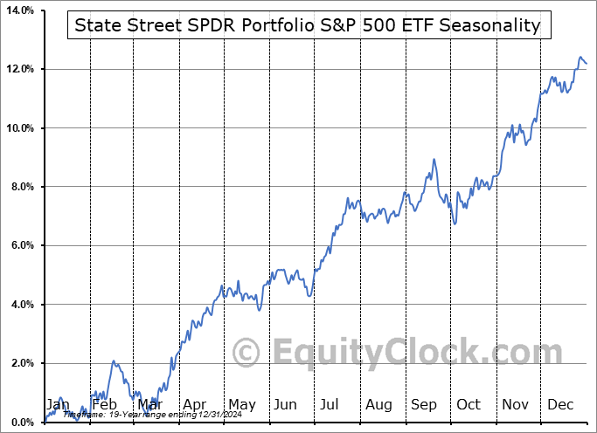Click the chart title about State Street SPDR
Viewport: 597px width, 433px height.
pyautogui.click(x=307, y=25)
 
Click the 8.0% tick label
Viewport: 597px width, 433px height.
pyautogui.click(x=21, y=187)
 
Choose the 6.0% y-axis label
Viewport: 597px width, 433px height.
pyautogui.click(x=21, y=246)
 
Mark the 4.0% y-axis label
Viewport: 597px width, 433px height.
pyautogui.click(x=21, y=305)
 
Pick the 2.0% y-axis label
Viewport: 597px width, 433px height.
pyautogui.click(x=21, y=364)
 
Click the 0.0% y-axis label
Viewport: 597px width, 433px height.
pyautogui.click(x=21, y=423)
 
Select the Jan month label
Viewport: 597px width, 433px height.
pyautogui.click(x=58, y=405)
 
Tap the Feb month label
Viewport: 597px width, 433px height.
pyautogui.click(x=105, y=405)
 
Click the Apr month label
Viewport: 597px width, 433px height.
pyautogui.click(x=195, y=405)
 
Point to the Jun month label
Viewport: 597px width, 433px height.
pyautogui.click(x=286, y=405)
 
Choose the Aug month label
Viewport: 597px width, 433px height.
pyautogui.click(x=379, y=405)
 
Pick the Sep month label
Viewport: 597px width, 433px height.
pyautogui.click(x=426, y=405)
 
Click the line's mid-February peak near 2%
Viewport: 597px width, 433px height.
pyautogui.click(x=113, y=361)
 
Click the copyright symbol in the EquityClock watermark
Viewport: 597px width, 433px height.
pyautogui.click(x=246, y=354)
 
